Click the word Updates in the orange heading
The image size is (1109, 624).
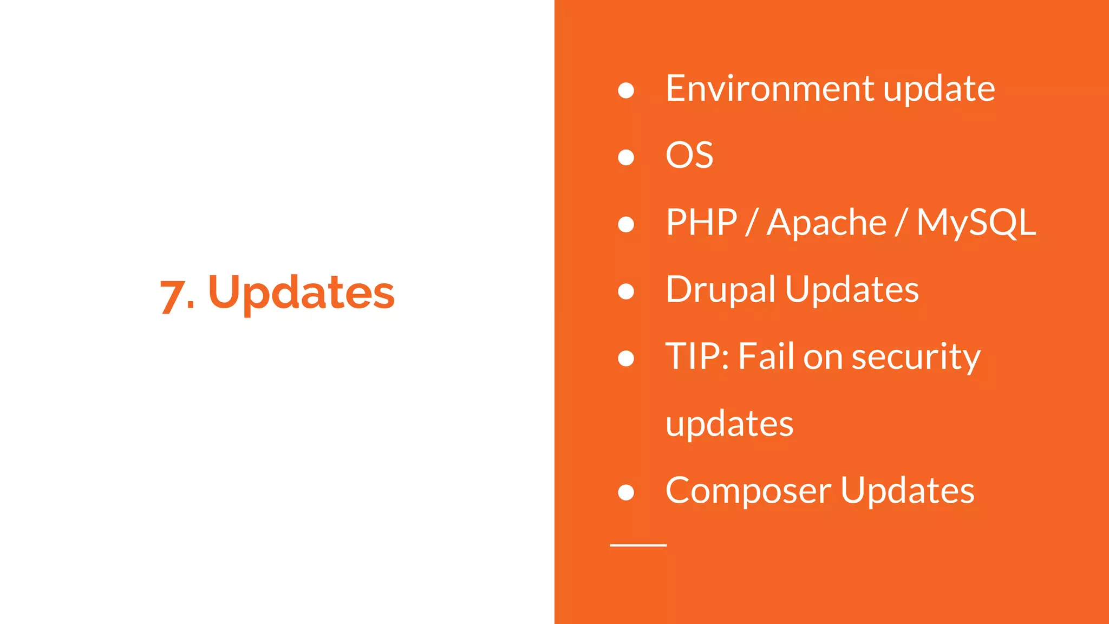click(301, 292)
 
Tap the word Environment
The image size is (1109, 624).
click(769, 88)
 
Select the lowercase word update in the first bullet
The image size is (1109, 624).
click(939, 89)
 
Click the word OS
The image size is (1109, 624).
click(689, 155)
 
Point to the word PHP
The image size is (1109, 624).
click(701, 223)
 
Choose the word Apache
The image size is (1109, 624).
click(826, 223)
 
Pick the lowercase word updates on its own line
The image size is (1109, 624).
click(729, 425)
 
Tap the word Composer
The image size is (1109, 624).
click(748, 491)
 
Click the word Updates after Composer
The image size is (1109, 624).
click(907, 491)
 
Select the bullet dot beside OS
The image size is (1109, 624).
click(626, 157)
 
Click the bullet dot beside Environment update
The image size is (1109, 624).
click(626, 90)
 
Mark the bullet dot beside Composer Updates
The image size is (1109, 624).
click(626, 492)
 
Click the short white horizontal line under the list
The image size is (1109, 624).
click(638, 545)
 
